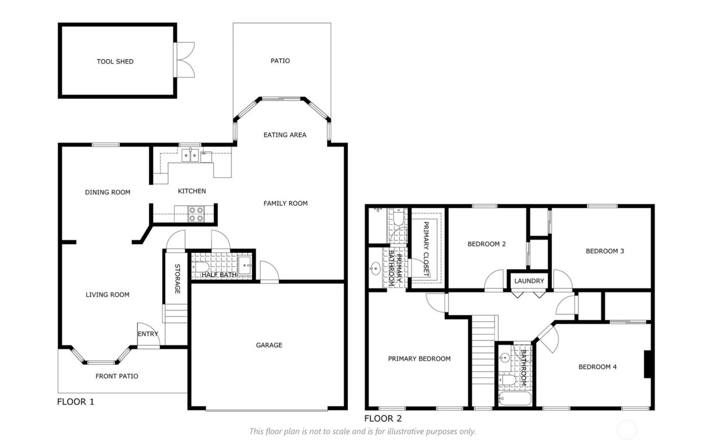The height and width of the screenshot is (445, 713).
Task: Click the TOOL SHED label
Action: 115,62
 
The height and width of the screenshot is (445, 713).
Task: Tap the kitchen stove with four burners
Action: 196,214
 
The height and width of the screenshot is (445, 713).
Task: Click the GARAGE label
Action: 269,345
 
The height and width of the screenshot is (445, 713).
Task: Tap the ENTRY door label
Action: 148,334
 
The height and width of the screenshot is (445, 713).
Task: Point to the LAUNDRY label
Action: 529,281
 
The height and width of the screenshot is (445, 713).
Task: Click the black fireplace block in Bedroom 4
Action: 648,364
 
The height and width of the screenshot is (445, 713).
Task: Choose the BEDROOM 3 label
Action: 605,251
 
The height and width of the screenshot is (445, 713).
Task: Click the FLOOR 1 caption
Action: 75,402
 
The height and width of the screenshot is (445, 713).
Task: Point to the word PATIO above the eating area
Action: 280,61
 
